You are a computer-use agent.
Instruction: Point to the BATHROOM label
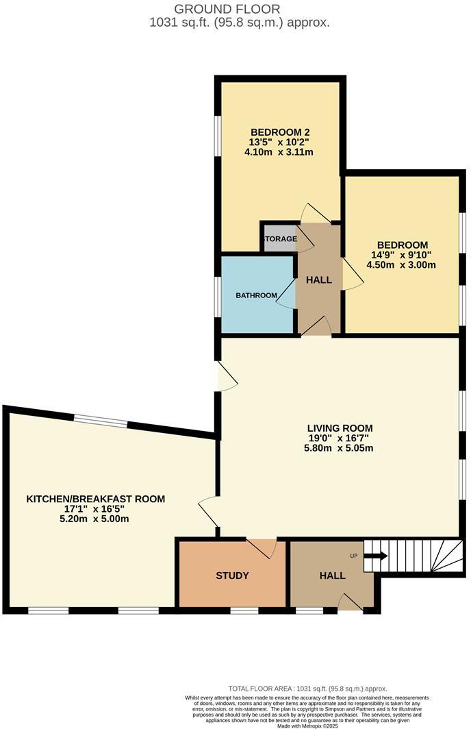[256, 295]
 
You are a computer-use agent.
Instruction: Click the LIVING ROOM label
[340, 428]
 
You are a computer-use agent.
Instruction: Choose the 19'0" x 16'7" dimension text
[340, 438]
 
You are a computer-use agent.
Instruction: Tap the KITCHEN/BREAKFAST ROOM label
[95, 499]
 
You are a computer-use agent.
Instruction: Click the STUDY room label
[231, 576]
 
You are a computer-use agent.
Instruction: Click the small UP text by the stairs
[354, 556]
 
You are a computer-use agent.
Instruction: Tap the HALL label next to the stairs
[332, 576]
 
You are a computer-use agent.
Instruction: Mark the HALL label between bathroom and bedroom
[318, 280]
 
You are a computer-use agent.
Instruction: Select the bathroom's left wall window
[217, 296]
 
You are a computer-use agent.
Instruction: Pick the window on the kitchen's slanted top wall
[101, 421]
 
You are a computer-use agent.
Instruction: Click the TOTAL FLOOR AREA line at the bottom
[307, 688]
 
